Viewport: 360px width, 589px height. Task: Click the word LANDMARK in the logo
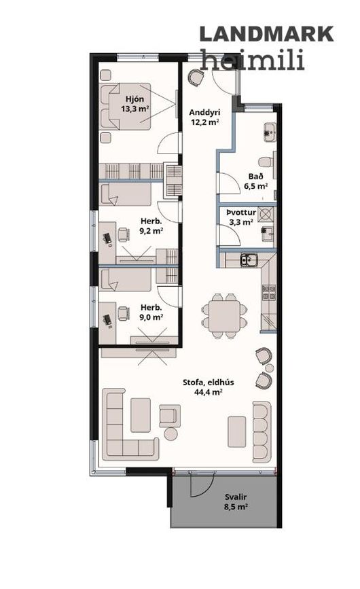point(266,34)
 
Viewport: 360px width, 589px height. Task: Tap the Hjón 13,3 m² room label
point(134,104)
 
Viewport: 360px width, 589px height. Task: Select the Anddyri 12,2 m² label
point(204,117)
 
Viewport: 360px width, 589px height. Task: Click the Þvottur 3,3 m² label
point(241,217)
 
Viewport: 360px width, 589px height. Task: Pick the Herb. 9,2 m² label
point(151,226)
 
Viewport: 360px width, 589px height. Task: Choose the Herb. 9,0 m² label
point(151,312)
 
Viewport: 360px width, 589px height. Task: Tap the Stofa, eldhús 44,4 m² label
point(208,387)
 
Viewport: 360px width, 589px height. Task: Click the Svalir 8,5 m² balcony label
point(236,502)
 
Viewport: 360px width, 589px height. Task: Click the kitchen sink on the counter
point(249,260)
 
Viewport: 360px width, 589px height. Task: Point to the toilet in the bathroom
point(267,162)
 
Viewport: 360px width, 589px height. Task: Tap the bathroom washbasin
point(270,132)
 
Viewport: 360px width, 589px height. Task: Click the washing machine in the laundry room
point(266,215)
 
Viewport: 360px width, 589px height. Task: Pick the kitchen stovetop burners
point(268,293)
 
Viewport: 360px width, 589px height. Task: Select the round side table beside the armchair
point(170,434)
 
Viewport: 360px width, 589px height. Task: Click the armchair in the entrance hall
point(196,78)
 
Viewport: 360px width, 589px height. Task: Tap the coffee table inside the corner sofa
point(141,415)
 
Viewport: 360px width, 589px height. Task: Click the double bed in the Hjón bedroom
point(126,106)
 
